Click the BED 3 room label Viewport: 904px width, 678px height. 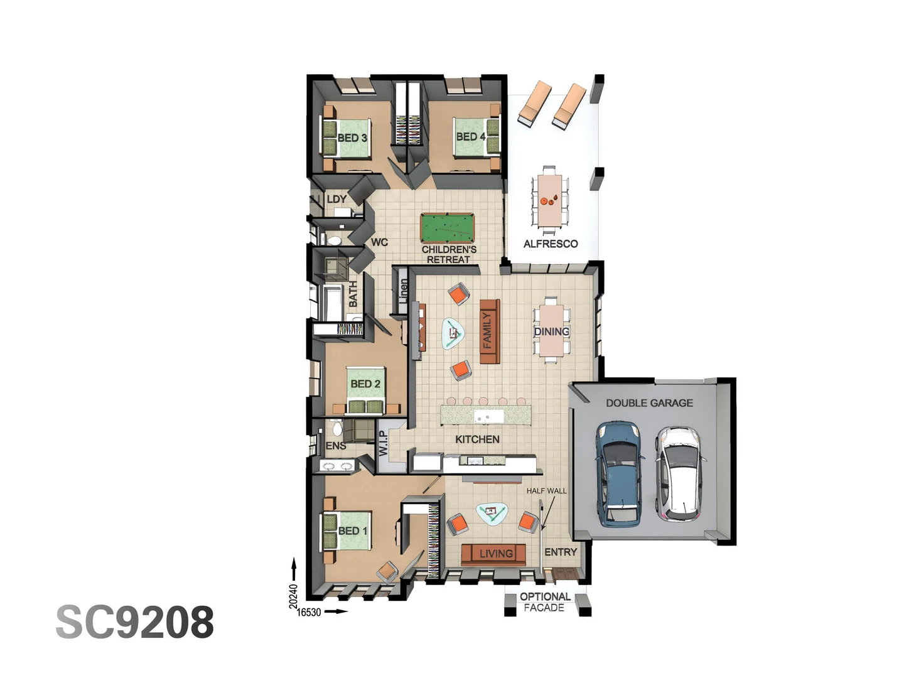[x=352, y=137]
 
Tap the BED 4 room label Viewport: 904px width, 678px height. [x=470, y=136]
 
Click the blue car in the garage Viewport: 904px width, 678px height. [x=619, y=473]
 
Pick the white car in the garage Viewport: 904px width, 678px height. [x=678, y=474]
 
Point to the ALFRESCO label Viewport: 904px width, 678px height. [x=551, y=244]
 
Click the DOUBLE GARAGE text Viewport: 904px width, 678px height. [x=649, y=403]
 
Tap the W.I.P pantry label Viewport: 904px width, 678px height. [x=383, y=442]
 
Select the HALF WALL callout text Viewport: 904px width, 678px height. [x=546, y=491]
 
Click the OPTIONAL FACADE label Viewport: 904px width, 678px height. [x=545, y=602]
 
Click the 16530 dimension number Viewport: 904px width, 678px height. [x=309, y=612]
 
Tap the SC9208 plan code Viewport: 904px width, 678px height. [x=135, y=622]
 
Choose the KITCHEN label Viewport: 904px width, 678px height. [x=477, y=439]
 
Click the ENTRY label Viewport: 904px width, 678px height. [x=561, y=552]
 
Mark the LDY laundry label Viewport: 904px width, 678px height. [x=336, y=199]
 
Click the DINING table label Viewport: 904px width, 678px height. [x=551, y=331]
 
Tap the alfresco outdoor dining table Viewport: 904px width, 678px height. [x=550, y=200]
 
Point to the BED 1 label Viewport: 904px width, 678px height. [x=352, y=530]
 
